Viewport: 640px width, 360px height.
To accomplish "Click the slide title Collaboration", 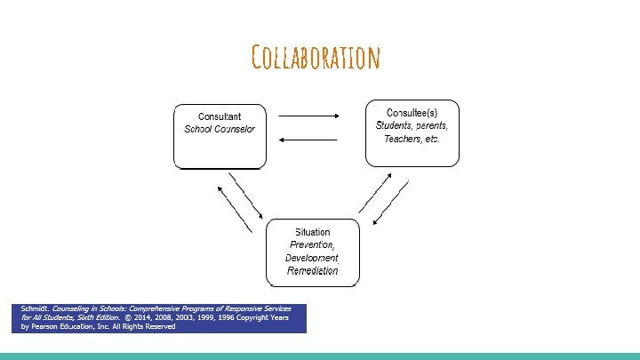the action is pos(316,59).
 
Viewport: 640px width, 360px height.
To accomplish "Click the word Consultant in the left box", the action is pos(219,116).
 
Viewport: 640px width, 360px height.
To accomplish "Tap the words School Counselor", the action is pos(219,130).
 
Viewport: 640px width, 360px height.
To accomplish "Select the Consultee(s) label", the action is pos(412,113).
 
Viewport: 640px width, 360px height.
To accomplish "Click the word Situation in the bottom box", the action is pos(312,233).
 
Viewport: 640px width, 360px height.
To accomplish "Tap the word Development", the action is pos(312,258).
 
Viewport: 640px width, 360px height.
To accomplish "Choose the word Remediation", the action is pos(312,270).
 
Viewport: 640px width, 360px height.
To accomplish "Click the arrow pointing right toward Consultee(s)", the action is pos(309,115).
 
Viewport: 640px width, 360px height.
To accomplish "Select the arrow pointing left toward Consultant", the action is pos(308,140).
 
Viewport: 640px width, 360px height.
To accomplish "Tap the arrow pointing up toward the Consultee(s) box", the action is pos(376,190).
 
